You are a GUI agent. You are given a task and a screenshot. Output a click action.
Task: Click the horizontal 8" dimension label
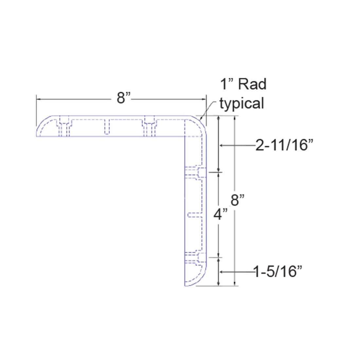(121, 98)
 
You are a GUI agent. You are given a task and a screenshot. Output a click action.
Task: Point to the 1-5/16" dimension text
(278, 271)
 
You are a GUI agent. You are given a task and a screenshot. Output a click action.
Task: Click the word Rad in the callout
(252, 84)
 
